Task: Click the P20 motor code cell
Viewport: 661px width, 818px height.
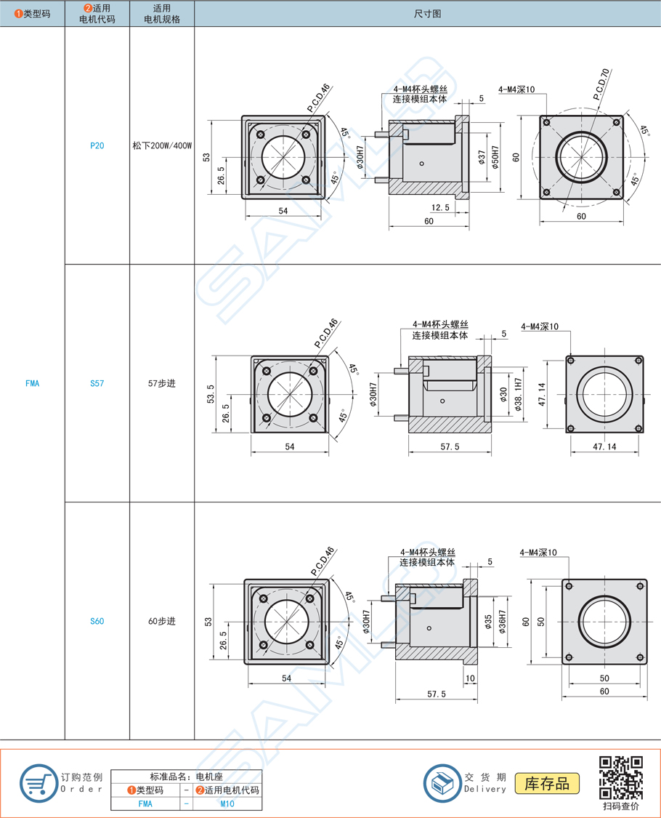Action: [97, 145]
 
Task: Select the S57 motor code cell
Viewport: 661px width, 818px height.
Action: [97, 383]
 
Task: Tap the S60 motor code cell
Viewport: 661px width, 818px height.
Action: [97, 621]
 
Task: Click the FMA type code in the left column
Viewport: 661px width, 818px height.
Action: [32, 383]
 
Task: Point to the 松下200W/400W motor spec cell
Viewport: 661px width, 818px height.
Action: [162, 145]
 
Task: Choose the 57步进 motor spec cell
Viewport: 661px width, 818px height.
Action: [162, 383]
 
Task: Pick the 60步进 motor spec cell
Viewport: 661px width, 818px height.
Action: [162, 621]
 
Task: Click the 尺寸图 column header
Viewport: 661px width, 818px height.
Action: [427, 14]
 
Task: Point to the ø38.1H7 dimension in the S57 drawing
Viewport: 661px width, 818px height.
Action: [518, 394]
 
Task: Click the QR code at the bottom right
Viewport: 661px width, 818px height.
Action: [620, 777]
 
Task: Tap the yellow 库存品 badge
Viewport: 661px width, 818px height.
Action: [547, 783]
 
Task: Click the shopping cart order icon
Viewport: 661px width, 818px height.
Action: [38, 783]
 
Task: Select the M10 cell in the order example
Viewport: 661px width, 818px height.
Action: [227, 803]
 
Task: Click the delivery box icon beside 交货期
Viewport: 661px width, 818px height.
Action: [442, 783]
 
